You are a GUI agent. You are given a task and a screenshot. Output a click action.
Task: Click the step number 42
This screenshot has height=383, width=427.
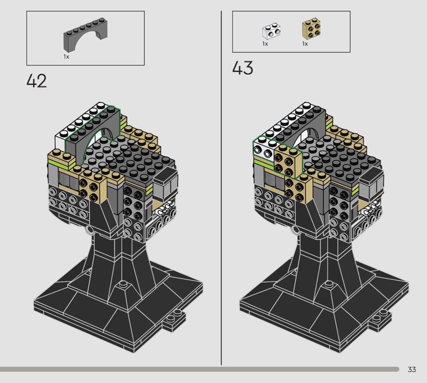[x=36, y=81]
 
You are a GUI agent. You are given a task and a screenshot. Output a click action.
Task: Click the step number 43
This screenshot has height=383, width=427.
[x=243, y=68]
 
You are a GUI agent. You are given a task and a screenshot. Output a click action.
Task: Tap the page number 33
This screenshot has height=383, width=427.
[x=412, y=369]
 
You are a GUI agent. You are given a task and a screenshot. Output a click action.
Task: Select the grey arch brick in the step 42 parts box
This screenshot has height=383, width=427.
[x=85, y=35]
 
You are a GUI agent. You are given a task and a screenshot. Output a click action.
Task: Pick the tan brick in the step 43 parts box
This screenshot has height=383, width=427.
[x=311, y=29]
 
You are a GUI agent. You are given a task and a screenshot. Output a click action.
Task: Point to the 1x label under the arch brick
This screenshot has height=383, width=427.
[x=66, y=57]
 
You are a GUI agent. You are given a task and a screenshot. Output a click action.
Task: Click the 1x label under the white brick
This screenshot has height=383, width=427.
[x=265, y=44]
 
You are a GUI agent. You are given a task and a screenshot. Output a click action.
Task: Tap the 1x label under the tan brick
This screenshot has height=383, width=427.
[x=305, y=44]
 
